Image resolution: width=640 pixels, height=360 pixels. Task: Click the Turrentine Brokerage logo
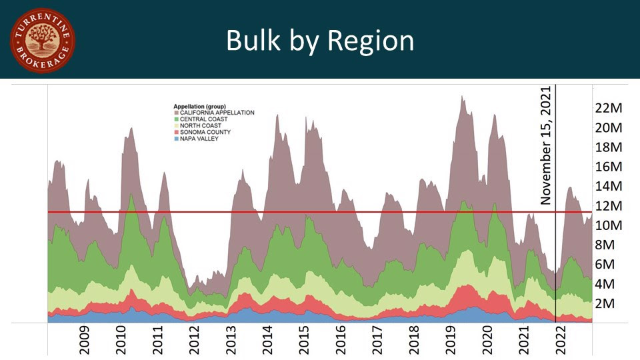(x=42, y=41)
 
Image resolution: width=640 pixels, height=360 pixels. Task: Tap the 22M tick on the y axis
(x=607, y=108)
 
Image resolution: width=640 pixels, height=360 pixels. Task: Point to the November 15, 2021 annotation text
(x=547, y=145)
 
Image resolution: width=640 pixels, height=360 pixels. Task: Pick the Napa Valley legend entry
(x=199, y=139)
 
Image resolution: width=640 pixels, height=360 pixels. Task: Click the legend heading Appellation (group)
(x=199, y=107)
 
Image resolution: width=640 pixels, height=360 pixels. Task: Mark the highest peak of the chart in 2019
(x=461, y=97)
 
